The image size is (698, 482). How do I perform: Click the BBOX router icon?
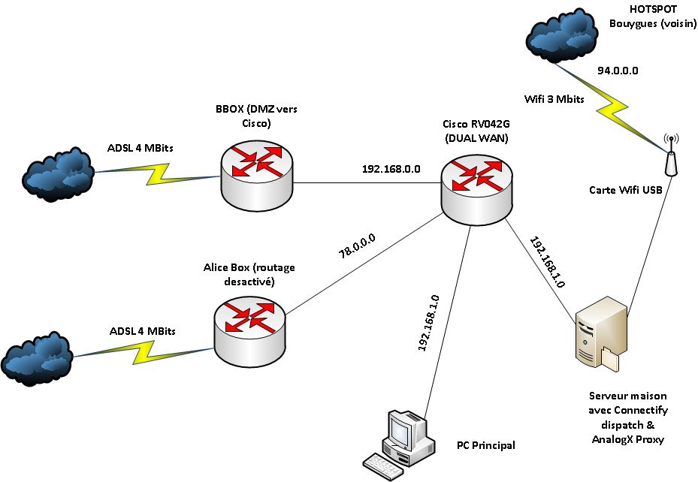(x=258, y=172)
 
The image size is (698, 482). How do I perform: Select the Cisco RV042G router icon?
(x=478, y=190)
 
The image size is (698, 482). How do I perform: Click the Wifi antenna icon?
(x=671, y=155)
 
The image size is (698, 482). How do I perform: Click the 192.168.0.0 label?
(x=391, y=169)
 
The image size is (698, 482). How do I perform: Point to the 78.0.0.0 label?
(x=358, y=246)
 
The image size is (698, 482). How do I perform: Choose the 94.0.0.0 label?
(x=618, y=71)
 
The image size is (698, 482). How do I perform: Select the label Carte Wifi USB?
(x=625, y=190)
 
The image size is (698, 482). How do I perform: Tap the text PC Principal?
(x=486, y=445)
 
